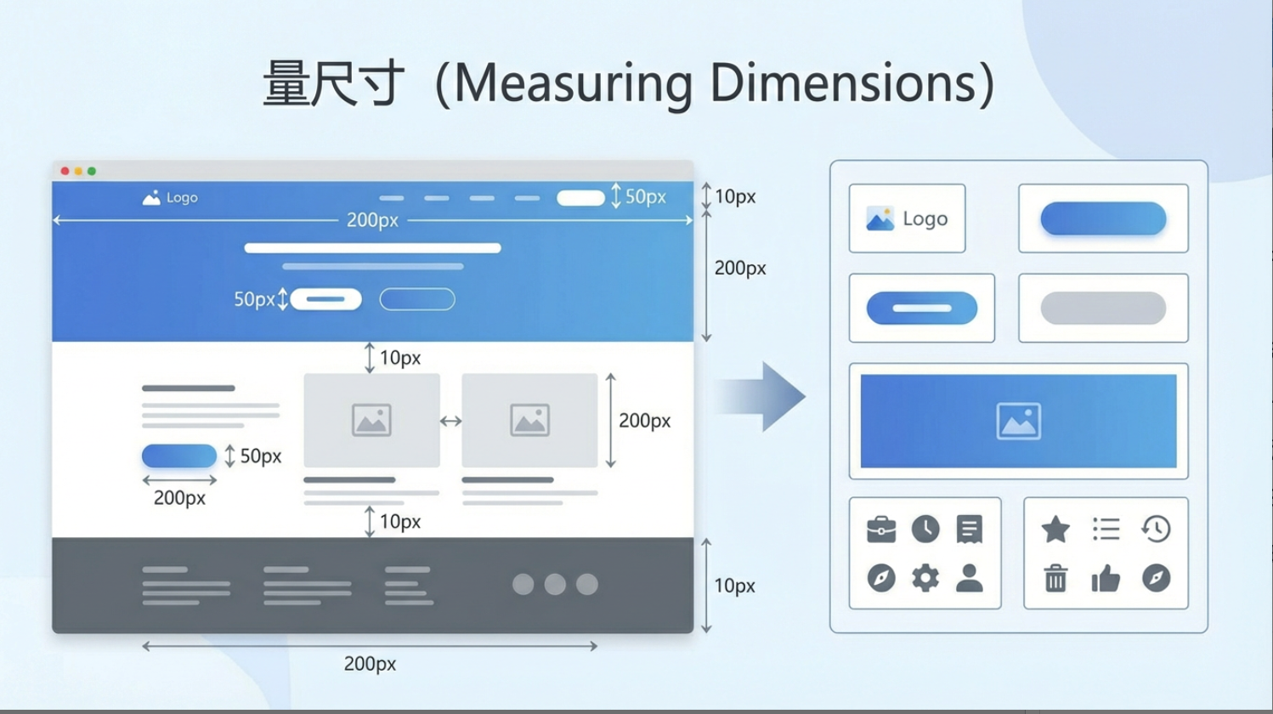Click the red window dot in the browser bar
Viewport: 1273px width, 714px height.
point(65,171)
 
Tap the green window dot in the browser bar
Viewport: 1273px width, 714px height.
point(92,171)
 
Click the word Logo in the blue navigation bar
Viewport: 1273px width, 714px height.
point(182,198)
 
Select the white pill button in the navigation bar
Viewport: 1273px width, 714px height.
point(580,198)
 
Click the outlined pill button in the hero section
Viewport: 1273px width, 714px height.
point(417,299)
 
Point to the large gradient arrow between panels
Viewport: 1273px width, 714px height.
point(761,396)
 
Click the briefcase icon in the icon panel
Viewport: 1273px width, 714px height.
point(881,530)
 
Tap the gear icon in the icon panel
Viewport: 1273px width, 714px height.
point(925,578)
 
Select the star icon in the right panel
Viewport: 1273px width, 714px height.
point(1055,530)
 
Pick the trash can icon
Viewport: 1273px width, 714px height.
point(1055,578)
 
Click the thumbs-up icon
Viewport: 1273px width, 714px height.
point(1106,578)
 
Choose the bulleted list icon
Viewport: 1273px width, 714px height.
point(1106,530)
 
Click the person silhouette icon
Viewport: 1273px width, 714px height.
point(969,578)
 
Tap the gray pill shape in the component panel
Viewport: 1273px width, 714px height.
point(1103,308)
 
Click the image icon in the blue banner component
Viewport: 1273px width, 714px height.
point(1018,422)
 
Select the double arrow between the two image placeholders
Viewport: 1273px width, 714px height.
point(450,422)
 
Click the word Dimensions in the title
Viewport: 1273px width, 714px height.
point(842,83)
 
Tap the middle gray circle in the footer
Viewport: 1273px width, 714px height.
point(555,584)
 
